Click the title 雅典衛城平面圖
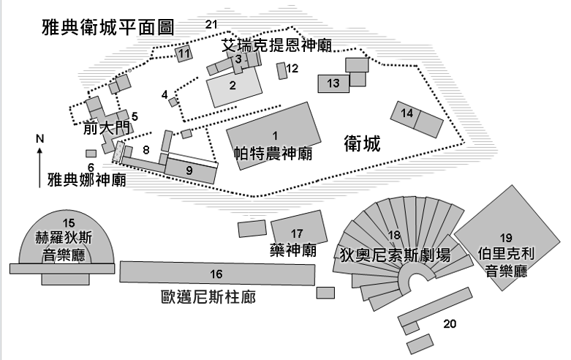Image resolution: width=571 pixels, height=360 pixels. [x=108, y=27]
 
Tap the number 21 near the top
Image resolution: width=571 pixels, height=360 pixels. [x=211, y=24]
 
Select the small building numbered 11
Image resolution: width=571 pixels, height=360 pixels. [x=184, y=53]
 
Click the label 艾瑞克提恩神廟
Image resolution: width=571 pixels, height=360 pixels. [x=277, y=45]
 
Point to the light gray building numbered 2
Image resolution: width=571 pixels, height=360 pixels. [x=234, y=87]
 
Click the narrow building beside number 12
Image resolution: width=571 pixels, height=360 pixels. [x=281, y=71]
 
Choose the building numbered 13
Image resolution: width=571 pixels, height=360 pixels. [x=333, y=83]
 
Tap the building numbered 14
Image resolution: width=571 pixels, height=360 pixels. [x=417, y=119]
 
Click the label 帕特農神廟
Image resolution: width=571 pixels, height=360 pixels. [x=273, y=154]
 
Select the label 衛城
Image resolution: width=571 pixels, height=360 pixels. [x=363, y=143]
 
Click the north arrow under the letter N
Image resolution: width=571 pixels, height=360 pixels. [x=39, y=168]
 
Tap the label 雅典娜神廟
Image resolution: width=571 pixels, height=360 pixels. [x=87, y=180]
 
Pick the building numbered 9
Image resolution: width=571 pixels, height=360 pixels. [x=190, y=171]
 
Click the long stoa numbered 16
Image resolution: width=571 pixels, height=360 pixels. [x=217, y=273]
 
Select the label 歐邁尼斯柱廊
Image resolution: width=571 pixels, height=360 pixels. [x=208, y=297]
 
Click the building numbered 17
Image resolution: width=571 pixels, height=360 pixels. [x=299, y=228]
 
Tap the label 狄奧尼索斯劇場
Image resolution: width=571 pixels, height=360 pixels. [x=395, y=255]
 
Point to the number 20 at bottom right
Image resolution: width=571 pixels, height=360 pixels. [x=450, y=323]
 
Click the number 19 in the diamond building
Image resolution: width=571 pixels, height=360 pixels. [x=506, y=238]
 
